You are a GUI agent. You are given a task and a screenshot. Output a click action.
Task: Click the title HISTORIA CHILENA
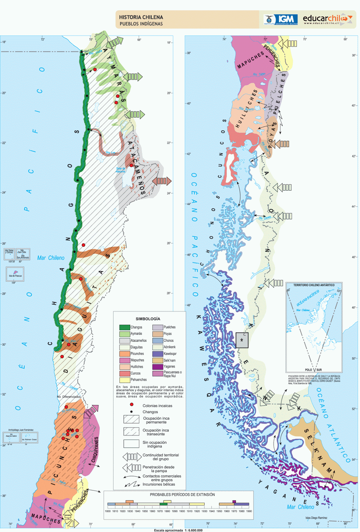(141, 17)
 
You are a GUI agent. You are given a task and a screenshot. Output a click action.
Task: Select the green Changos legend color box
(124, 327)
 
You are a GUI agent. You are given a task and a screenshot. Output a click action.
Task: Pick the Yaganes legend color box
(158, 366)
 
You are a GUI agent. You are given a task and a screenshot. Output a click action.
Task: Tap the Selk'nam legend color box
(158, 360)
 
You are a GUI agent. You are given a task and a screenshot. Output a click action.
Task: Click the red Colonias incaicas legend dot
(132, 405)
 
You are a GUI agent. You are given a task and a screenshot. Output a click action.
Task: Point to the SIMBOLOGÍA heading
(148, 319)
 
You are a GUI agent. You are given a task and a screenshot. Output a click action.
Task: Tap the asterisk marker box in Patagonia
(242, 340)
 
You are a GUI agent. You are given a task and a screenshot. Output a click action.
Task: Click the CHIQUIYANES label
(95, 450)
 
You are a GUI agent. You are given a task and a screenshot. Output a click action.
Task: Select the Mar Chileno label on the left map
(51, 258)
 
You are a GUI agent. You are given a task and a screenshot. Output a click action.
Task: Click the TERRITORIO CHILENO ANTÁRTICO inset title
(314, 285)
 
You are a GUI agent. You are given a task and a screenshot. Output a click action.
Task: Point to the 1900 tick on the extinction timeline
(182, 511)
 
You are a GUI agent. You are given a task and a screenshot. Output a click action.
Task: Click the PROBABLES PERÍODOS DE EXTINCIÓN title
(182, 494)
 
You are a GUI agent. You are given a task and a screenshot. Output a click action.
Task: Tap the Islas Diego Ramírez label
(316, 518)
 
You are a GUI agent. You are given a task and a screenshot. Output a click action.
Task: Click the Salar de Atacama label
(121, 170)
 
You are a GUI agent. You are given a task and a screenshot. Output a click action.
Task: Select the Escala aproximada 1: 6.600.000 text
(178, 530)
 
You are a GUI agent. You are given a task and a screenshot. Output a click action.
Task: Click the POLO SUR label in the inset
(313, 370)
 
